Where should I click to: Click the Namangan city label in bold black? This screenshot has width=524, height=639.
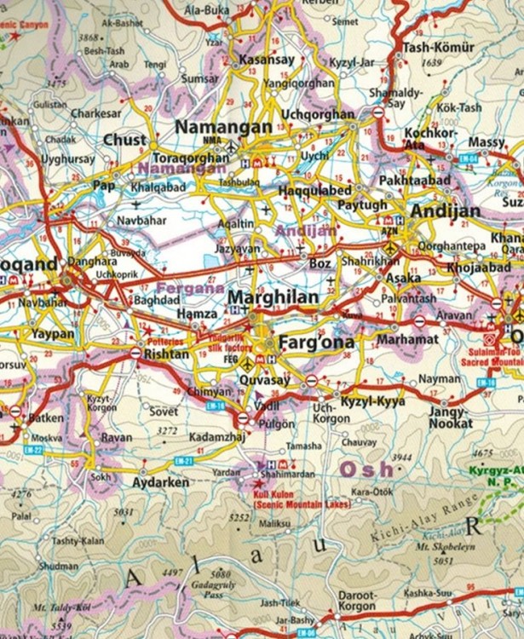223,127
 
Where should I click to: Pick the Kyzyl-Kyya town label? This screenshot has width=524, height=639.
373,400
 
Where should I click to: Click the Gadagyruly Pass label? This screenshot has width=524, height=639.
220,583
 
